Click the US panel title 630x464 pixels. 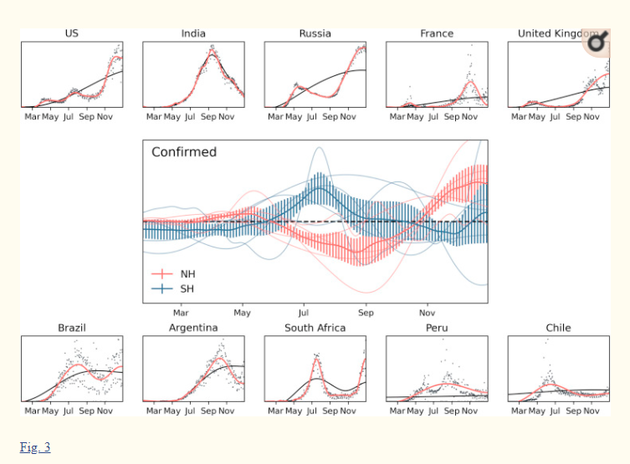click(72, 33)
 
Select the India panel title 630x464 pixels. click(193, 33)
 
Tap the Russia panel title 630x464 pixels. click(315, 33)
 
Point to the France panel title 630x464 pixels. click(437, 33)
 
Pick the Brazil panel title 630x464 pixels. click(72, 328)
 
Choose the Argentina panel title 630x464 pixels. click(193, 328)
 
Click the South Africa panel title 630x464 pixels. click(315, 328)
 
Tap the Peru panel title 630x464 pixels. click(437, 328)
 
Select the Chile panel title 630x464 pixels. click(558, 328)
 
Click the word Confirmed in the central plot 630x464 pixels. click(184, 152)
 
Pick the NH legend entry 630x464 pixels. click(187, 273)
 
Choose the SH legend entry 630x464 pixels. click(187, 288)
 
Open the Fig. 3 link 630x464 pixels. click(35, 447)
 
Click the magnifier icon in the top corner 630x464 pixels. click(597, 42)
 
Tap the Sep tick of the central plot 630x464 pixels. click(366, 313)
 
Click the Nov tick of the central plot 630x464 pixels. click(428, 313)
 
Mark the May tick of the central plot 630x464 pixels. click(242, 313)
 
